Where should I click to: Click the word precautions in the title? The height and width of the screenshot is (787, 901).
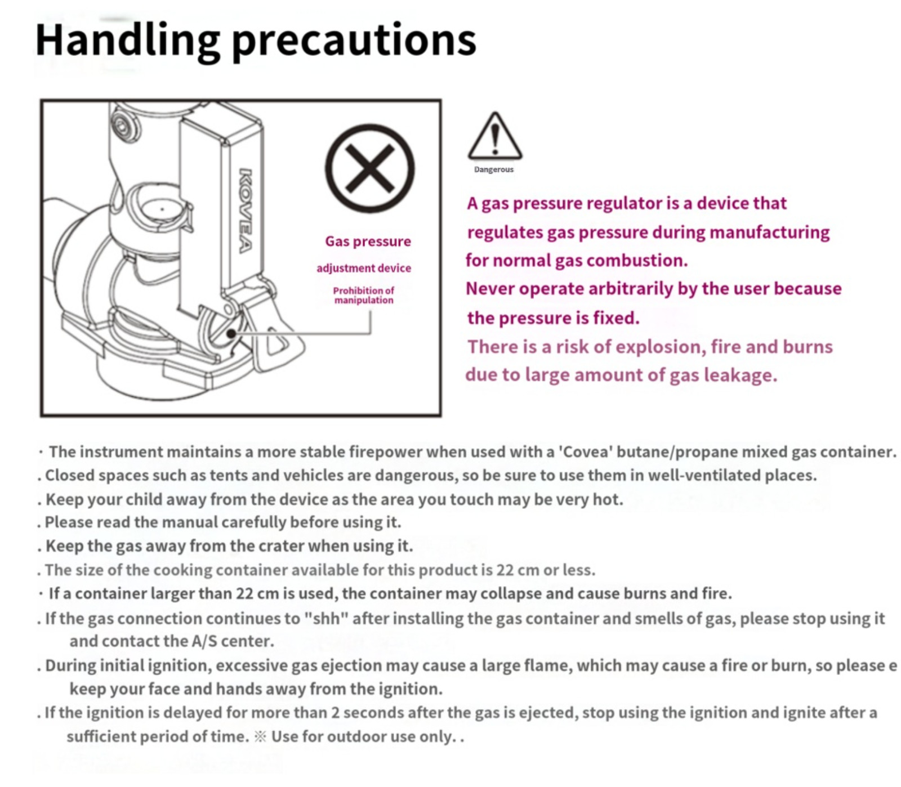click(354, 42)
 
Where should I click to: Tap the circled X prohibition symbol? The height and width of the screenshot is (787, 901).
click(369, 168)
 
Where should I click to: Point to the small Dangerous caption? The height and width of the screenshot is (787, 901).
click(494, 169)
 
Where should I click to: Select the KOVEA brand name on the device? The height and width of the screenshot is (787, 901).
click(246, 211)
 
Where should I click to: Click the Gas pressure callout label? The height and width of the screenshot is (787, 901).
click(368, 242)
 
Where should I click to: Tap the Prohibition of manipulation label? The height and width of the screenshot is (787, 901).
click(364, 295)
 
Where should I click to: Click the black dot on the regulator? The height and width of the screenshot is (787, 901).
click(231, 334)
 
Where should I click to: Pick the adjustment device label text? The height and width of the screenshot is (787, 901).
click(364, 268)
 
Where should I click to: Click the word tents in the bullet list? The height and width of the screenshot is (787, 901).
click(229, 476)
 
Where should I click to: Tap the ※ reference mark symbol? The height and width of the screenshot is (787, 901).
click(260, 737)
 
